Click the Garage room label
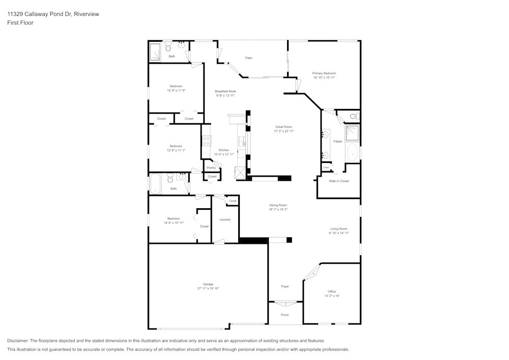click(208, 284)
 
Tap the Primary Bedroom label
click(324, 73)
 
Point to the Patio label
click(249, 58)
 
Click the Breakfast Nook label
click(225, 91)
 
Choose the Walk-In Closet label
click(338, 181)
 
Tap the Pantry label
click(211, 168)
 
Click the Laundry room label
click(225, 219)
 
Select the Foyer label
click(285, 286)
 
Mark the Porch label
click(285, 315)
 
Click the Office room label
click(332, 291)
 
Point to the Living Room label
click(338, 229)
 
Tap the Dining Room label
click(278, 205)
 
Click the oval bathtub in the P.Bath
click(352, 151)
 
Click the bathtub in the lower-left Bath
click(155, 184)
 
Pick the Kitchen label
click(223, 150)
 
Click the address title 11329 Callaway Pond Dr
click(53, 14)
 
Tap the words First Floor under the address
click(20, 23)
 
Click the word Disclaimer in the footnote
click(18, 341)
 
